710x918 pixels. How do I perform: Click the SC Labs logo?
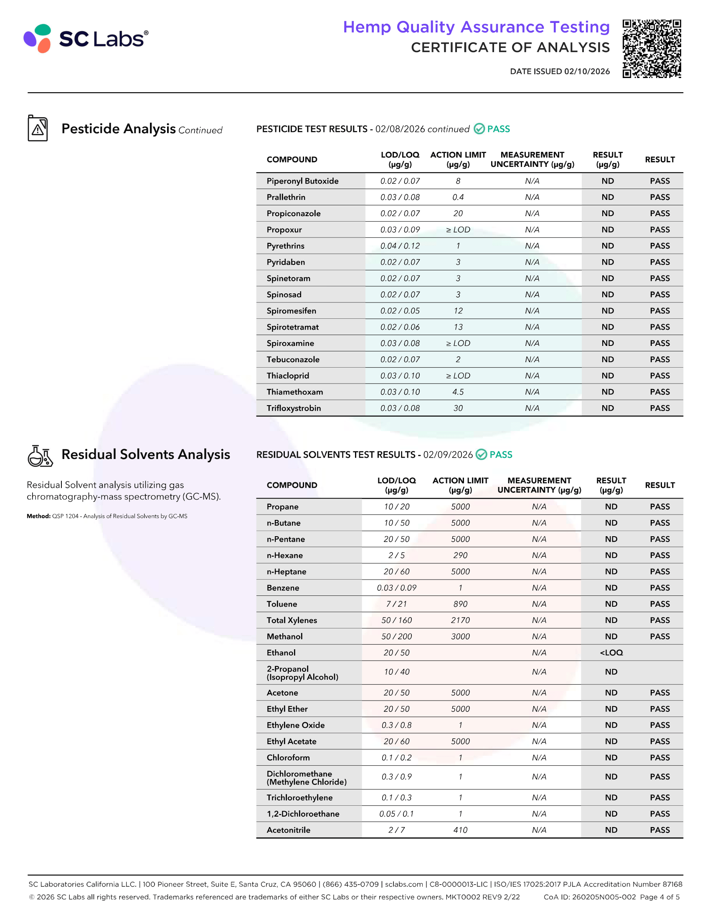[x=86, y=38]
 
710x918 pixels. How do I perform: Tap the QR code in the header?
[x=652, y=48]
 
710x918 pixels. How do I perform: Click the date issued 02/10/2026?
[x=559, y=71]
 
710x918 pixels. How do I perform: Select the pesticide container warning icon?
[x=38, y=128]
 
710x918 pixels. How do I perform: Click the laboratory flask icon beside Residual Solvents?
[x=40, y=456]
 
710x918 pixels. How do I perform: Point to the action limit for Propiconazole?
[x=458, y=214]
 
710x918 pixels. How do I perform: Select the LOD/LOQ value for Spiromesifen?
[x=400, y=311]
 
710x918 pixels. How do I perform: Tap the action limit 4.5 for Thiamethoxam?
[x=458, y=392]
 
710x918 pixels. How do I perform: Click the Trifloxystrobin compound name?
[x=294, y=408]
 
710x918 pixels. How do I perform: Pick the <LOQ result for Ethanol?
[x=611, y=653]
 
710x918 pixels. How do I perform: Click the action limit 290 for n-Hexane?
[x=460, y=556]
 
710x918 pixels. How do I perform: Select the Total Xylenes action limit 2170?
[x=460, y=620]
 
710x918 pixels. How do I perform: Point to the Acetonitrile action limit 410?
[x=460, y=830]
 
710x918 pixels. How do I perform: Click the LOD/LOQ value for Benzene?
[x=396, y=588]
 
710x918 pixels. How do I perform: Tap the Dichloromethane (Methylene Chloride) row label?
[x=306, y=778]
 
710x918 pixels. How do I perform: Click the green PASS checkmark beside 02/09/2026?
[x=481, y=455]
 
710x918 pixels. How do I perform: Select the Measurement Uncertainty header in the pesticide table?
[x=532, y=160]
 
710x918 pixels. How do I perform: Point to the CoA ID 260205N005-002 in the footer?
[x=589, y=897]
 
